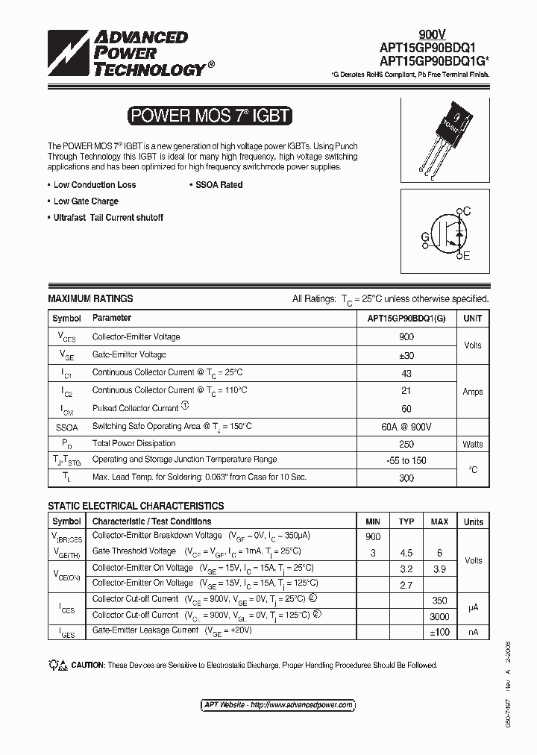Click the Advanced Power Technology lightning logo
pos(69,54)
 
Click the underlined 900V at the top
pos(432,34)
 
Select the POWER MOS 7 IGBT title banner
pos(210,116)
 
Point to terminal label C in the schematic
pos(467,212)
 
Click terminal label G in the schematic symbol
pos(424,237)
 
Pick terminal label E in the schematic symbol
pos(467,257)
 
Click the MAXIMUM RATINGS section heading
pos(90,298)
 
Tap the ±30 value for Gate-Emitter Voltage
pos(406,355)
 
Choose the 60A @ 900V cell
pos(406,426)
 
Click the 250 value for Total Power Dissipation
pos(406,443)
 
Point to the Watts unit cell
pos(472,444)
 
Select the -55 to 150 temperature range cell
pos(406,460)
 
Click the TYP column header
pos(406,521)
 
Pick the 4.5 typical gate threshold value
pos(406,553)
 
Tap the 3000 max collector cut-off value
pos(439,616)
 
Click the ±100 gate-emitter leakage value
pos(439,632)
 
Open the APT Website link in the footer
pos(278,705)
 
